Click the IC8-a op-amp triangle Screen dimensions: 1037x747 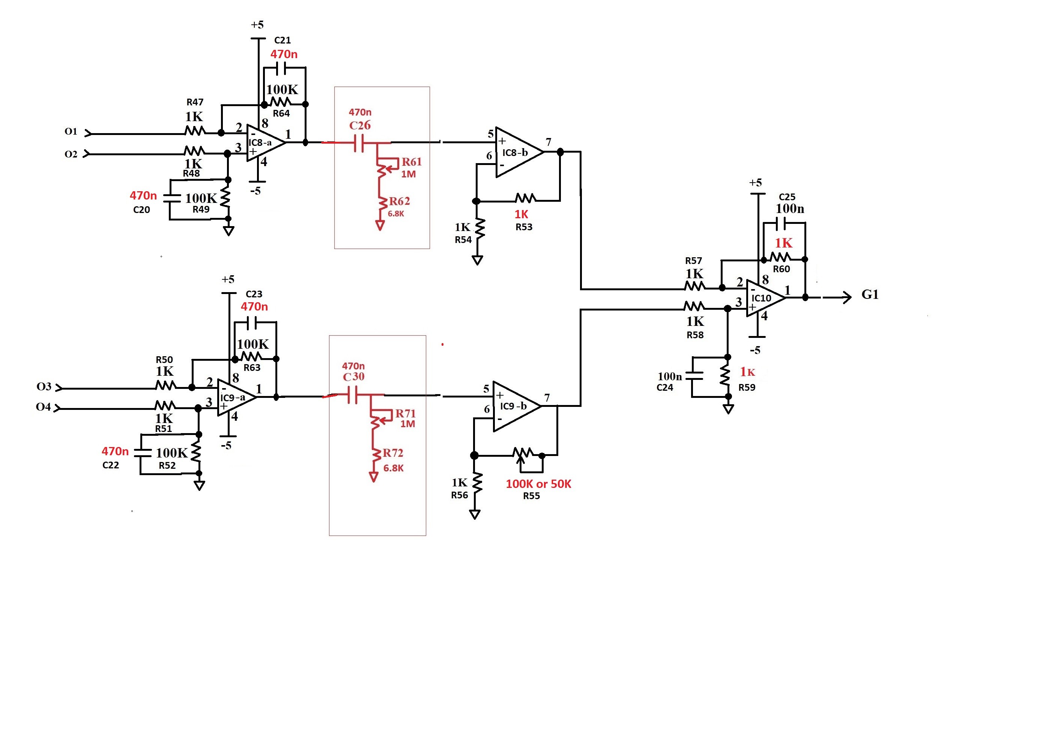click(x=266, y=142)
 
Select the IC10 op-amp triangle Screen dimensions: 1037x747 click(x=766, y=298)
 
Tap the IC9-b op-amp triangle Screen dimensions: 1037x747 click(x=517, y=406)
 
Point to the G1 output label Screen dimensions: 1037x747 click(x=870, y=295)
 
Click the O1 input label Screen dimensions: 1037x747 click(x=71, y=132)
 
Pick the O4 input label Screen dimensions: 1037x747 click(x=44, y=406)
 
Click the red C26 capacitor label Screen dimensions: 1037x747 click(x=360, y=125)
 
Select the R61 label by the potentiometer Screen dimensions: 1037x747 click(x=412, y=162)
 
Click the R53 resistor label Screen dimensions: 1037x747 click(x=524, y=227)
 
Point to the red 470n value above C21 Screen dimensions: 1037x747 click(x=284, y=54)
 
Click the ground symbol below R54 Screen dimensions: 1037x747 click(x=477, y=260)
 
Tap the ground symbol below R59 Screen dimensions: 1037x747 click(x=728, y=409)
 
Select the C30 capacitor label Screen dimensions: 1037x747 click(x=353, y=376)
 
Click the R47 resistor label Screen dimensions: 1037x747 click(x=195, y=102)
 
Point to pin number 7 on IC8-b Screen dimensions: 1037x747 click(x=549, y=142)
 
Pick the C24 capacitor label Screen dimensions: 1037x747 click(x=665, y=387)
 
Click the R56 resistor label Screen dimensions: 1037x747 click(x=460, y=495)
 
